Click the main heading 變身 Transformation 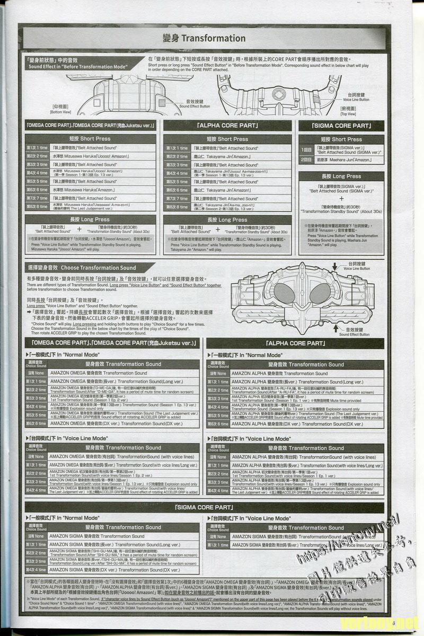[x=204, y=38]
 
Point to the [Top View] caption [x=348, y=111]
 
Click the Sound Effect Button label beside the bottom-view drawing [x=195, y=103]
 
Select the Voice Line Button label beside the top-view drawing [x=356, y=97]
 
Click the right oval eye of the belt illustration [x=318, y=292]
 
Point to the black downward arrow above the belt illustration [x=335, y=265]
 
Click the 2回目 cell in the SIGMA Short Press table [x=306, y=159]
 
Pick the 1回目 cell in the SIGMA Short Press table [x=306, y=150]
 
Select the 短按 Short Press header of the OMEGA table [x=91, y=139]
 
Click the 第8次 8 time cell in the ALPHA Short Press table [x=177, y=207]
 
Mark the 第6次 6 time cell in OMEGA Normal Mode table [x=37, y=423]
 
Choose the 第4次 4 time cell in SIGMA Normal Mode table [x=37, y=570]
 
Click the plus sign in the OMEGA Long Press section [x=79, y=229]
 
